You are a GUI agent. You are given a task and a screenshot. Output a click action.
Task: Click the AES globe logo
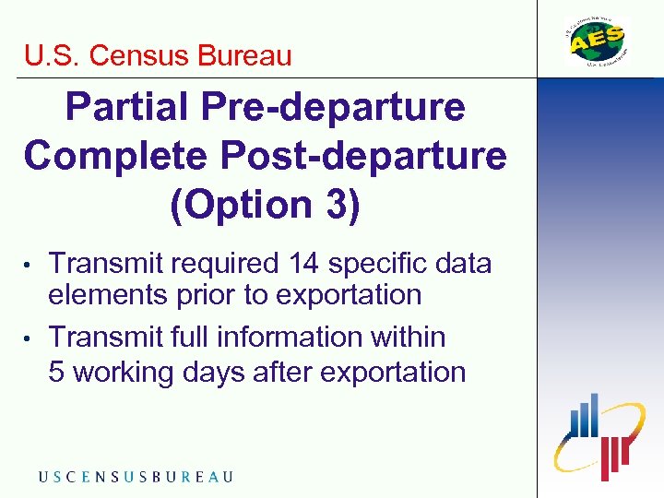[597, 41]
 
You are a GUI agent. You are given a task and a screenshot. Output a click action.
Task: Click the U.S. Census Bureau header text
[158, 55]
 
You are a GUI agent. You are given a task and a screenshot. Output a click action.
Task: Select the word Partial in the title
[124, 108]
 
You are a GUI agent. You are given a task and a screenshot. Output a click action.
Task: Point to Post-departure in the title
[369, 156]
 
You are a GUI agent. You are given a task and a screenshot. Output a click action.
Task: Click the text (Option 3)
[265, 204]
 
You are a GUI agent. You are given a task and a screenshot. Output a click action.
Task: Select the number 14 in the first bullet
[303, 264]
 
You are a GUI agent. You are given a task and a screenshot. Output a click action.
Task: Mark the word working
[121, 373]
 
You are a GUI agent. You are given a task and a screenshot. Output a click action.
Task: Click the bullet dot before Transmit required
[30, 266]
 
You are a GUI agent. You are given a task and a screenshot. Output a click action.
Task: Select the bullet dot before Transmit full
[30, 339]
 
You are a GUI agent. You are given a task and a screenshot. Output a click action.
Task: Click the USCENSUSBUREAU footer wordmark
[136, 476]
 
